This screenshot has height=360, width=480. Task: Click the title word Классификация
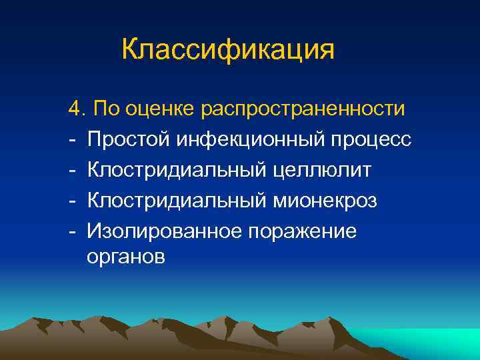coord(228,50)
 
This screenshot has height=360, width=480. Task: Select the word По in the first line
coord(105,108)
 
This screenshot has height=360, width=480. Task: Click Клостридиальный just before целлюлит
coord(177,170)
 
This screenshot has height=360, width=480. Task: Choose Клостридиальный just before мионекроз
coord(177,201)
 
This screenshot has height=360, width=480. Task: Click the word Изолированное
coord(163,231)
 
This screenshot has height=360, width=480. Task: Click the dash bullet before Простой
coord(71,140)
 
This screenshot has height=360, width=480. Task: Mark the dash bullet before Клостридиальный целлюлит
coord(71,171)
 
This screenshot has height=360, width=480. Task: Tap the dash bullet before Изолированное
coord(71,232)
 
